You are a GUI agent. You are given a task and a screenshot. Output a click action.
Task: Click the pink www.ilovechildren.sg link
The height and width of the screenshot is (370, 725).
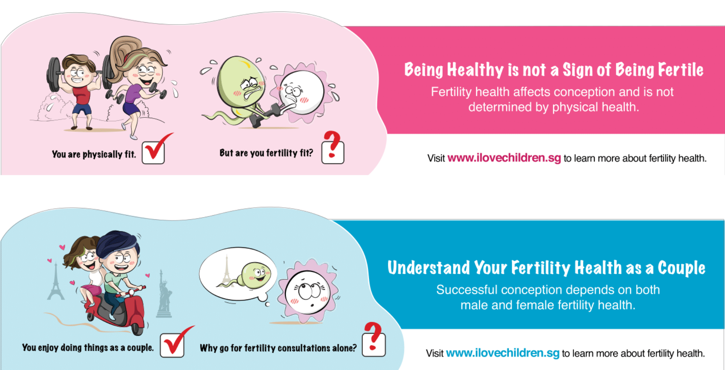coord(504,158)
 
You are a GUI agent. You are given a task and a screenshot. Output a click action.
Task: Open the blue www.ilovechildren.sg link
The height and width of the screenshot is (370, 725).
coord(503,353)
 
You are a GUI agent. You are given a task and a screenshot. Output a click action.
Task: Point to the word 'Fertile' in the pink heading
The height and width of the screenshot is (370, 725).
coord(681,70)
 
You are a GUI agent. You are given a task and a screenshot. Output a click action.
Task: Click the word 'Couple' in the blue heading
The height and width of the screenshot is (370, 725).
coord(682,268)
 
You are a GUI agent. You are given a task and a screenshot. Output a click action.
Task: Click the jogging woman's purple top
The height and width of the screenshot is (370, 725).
coord(133,94)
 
